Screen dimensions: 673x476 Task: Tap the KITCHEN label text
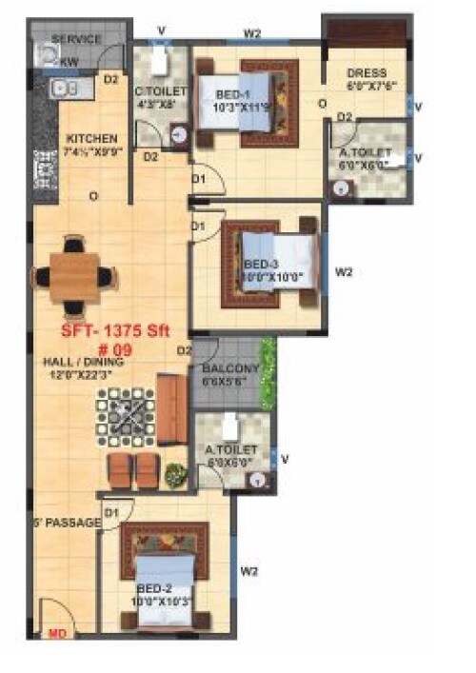pyautogui.click(x=90, y=138)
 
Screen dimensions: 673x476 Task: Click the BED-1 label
pyautogui.click(x=233, y=95)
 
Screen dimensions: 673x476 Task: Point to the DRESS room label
pyautogui.click(x=366, y=72)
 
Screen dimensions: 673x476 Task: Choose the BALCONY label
pyautogui.click(x=230, y=368)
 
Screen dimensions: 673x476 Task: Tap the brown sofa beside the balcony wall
pyautogui.click(x=171, y=410)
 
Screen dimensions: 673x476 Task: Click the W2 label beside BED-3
pyautogui.click(x=345, y=271)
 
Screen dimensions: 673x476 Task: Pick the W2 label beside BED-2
pyautogui.click(x=249, y=571)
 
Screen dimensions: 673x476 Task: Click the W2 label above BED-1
pyautogui.click(x=252, y=33)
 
